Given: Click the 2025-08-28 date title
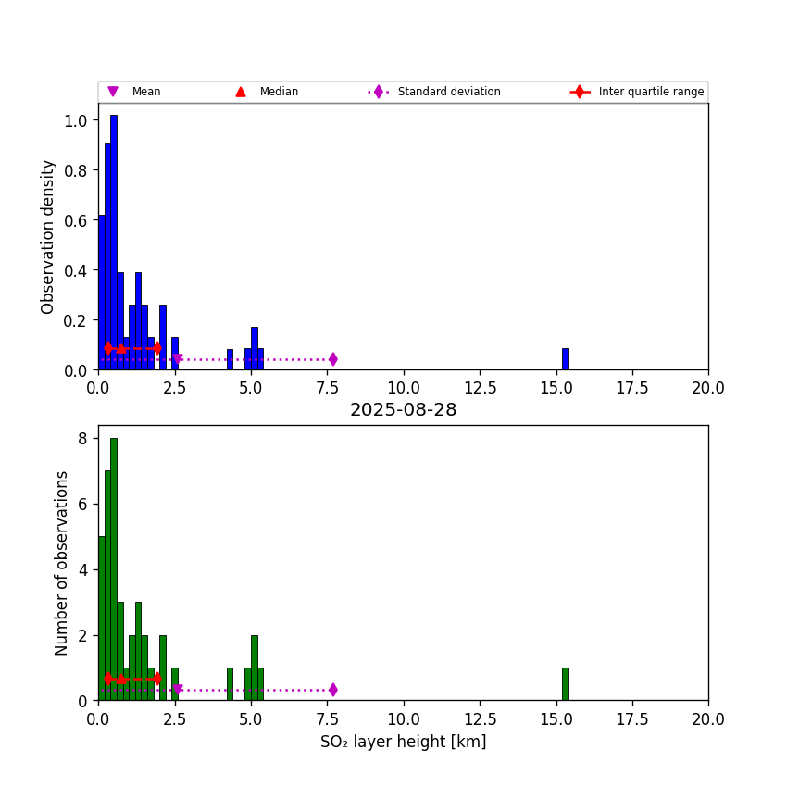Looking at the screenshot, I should click(x=403, y=410).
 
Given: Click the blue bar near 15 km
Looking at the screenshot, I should click(x=565, y=359).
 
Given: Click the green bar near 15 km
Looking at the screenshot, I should click(x=565, y=684).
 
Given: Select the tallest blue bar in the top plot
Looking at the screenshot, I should click(x=114, y=241).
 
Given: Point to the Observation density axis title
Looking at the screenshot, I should click(x=48, y=236).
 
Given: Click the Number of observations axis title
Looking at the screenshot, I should click(x=62, y=563).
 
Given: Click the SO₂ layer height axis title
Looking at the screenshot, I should click(x=403, y=742).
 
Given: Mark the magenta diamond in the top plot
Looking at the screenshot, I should click(x=332, y=359).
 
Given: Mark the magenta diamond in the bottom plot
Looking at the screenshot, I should click(x=332, y=690).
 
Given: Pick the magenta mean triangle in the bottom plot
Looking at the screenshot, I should click(x=177, y=690).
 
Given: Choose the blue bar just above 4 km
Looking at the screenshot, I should click(x=230, y=359).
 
